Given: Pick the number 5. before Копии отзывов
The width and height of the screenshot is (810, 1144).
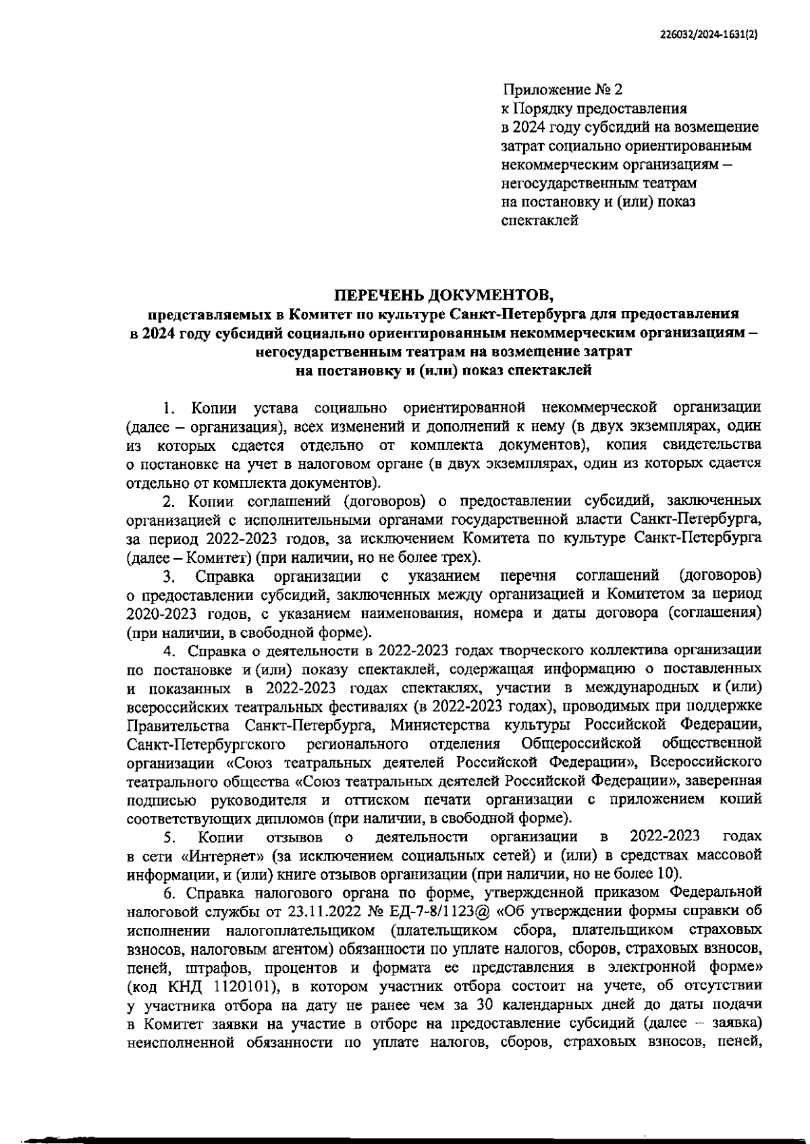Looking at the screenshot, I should pos(169,838).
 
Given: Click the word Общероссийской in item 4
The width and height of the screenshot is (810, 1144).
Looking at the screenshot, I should pos(581,744).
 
